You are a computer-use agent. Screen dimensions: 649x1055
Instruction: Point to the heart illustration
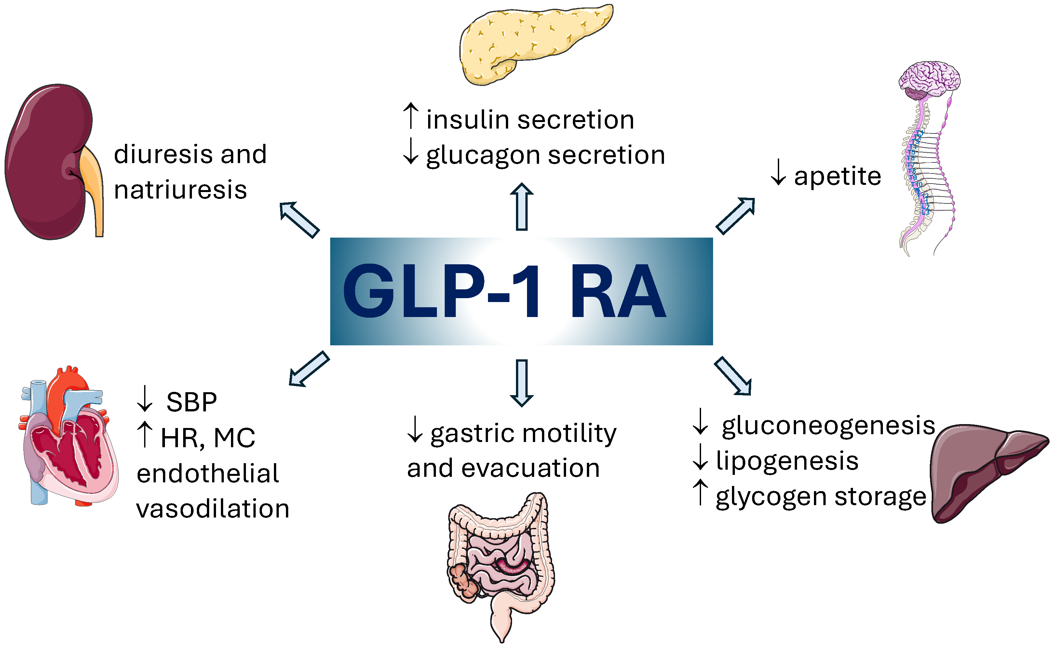[69, 438]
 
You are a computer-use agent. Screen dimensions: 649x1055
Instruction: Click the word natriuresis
[180, 190]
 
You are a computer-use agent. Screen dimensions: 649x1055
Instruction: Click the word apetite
[837, 176]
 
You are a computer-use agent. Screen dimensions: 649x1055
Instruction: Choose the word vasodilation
[213, 509]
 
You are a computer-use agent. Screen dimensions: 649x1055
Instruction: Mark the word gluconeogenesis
[828, 426]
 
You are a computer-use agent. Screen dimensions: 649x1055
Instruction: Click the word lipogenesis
[787, 461]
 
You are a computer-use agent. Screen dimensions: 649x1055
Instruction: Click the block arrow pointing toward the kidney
[299, 219]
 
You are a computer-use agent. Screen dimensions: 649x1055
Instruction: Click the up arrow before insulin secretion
[411, 116]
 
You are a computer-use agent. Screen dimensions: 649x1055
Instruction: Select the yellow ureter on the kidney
[94, 189]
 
